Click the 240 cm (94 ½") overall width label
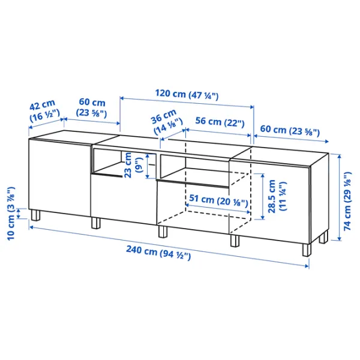[x=158, y=253]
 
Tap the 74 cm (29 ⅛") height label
[x=347, y=201]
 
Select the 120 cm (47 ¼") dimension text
[x=187, y=94]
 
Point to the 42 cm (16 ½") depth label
[x=44, y=111]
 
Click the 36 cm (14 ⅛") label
[x=167, y=122]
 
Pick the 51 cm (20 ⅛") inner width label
[x=218, y=200]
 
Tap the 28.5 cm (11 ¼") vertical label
[x=277, y=196]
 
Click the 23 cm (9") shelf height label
[x=133, y=165]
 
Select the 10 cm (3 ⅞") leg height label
[x=11, y=214]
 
